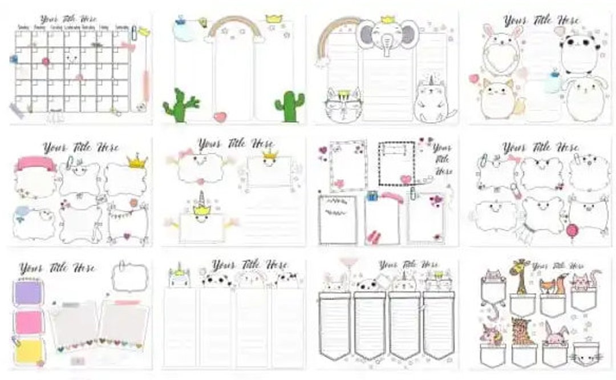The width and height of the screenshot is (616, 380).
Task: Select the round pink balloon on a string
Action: [572, 230]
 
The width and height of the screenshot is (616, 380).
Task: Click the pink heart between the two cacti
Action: [220, 117]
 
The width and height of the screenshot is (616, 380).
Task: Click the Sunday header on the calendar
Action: [23, 26]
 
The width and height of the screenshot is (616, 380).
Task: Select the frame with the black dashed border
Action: [396, 163]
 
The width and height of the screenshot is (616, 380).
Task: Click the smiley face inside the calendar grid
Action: [71, 57]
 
